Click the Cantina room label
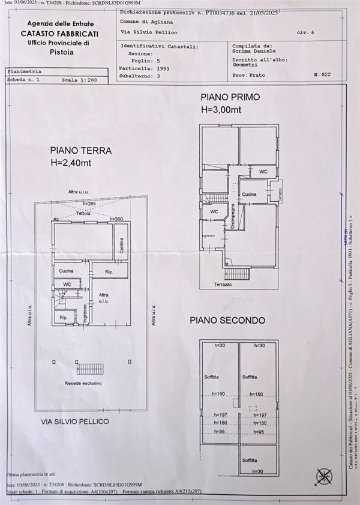(x=121, y=246)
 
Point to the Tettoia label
(x=83, y=213)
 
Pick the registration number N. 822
(x=322, y=75)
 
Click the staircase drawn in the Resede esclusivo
(x=88, y=367)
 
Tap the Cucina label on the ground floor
(x=67, y=271)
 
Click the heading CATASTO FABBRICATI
(x=59, y=34)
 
